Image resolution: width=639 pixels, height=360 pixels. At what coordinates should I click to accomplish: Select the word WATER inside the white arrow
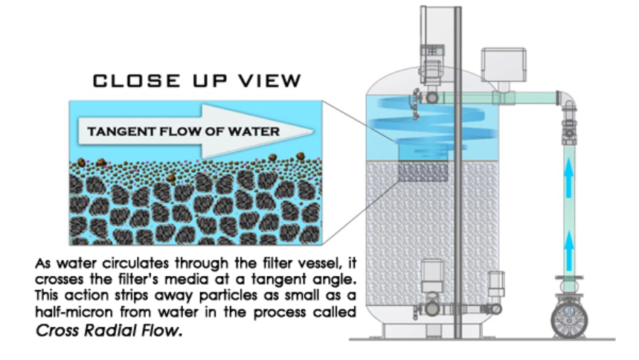[256, 132]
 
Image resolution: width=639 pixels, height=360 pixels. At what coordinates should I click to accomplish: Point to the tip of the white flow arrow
[311, 131]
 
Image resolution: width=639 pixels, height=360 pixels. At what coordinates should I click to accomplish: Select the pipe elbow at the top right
[567, 98]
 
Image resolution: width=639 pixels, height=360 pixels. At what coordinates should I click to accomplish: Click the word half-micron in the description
[64, 316]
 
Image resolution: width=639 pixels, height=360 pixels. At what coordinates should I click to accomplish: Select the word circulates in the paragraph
[118, 263]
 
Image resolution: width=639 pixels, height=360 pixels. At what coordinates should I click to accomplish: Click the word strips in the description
[109, 290]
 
